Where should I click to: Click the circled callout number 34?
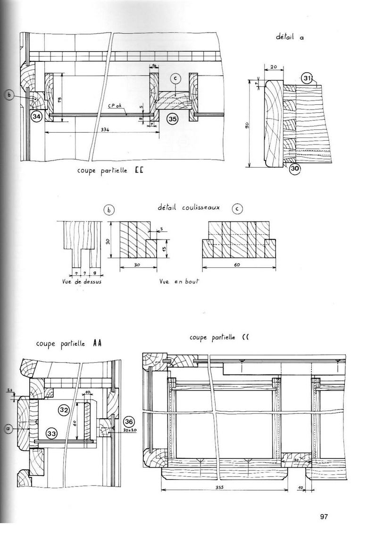click(x=36, y=116)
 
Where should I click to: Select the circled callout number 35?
click(x=173, y=119)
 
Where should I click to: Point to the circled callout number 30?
click(x=295, y=169)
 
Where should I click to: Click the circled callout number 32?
click(x=64, y=409)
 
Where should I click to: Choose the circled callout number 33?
click(x=52, y=432)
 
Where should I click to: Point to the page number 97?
click(x=324, y=517)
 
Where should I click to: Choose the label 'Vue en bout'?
click(x=180, y=281)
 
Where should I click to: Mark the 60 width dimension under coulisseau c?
click(x=236, y=264)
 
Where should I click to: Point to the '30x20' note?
click(x=129, y=430)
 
